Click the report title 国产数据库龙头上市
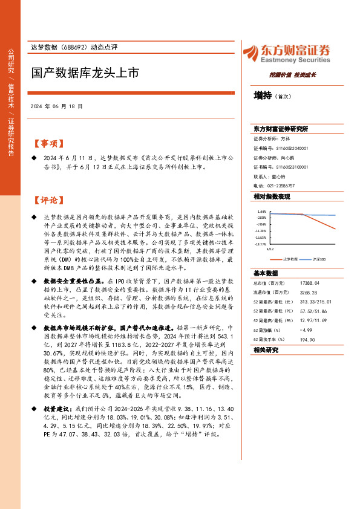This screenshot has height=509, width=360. [85, 74]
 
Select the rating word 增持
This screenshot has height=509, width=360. [263, 95]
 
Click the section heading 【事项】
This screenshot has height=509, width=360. [47, 144]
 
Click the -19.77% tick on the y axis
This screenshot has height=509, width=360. [261, 244]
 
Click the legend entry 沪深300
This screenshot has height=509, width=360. [319, 259]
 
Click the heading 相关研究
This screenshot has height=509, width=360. [266, 349]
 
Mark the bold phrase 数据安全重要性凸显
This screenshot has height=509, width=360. [73, 281]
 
